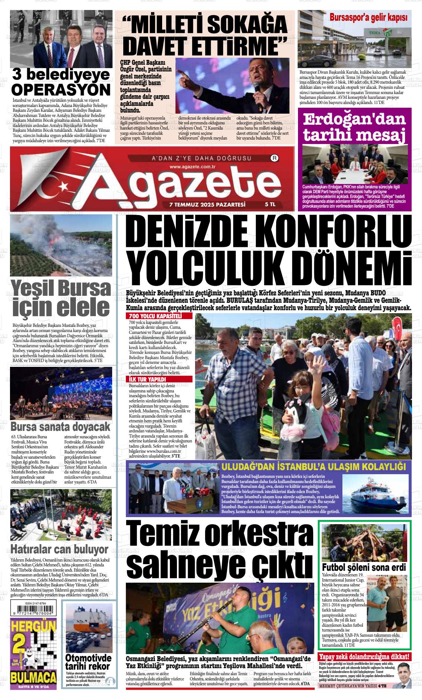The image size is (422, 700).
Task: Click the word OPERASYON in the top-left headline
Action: [x=61, y=90]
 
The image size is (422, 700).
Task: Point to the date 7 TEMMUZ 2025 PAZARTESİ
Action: [x=207, y=204]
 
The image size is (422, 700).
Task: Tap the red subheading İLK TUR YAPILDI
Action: [x=147, y=379]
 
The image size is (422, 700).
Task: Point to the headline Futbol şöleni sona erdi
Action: [x=364, y=567]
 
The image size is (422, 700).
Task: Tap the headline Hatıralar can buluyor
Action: [x=60, y=549]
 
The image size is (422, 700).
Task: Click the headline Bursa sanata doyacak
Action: [x=61, y=427]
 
